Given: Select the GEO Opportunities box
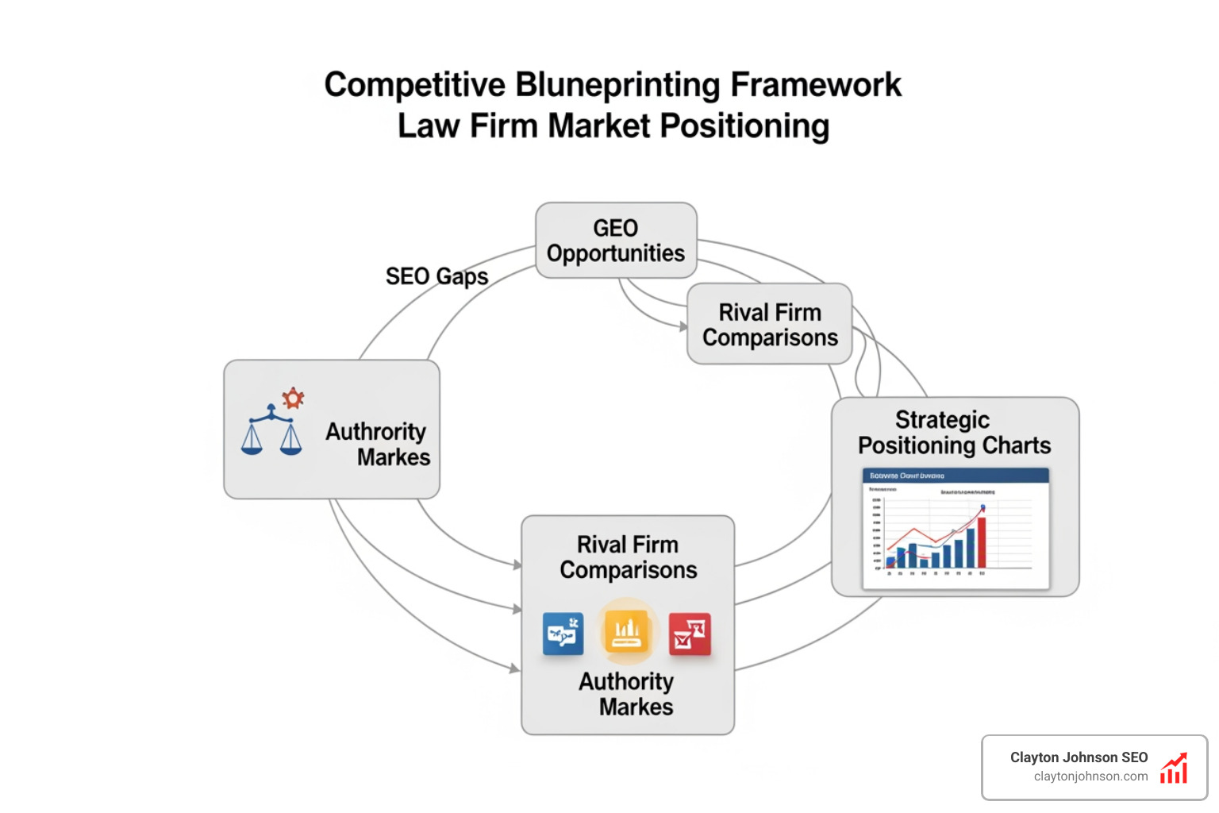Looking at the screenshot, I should point(616,241).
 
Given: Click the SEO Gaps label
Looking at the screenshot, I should point(436,276).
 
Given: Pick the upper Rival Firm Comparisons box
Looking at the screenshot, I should point(769,325).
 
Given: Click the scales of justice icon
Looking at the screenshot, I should point(271,432).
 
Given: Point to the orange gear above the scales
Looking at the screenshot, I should point(294,397).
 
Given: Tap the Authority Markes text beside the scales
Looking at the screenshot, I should point(378,444).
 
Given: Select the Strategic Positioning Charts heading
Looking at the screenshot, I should point(954,432).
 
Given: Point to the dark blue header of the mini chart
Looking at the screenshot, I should point(956,476).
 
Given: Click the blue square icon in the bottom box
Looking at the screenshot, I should point(563,634).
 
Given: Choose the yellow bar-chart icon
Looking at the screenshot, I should point(627,632).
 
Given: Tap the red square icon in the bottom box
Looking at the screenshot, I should point(689,634).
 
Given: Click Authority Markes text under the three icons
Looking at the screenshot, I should point(627,694).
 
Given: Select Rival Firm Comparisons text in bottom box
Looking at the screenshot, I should point(628,557).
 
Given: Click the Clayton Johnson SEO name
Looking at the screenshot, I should point(1079,757).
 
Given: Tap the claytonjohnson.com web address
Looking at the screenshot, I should point(1090,776).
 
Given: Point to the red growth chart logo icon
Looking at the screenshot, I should point(1174,769).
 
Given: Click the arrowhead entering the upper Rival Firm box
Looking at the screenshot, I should point(683,326).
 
